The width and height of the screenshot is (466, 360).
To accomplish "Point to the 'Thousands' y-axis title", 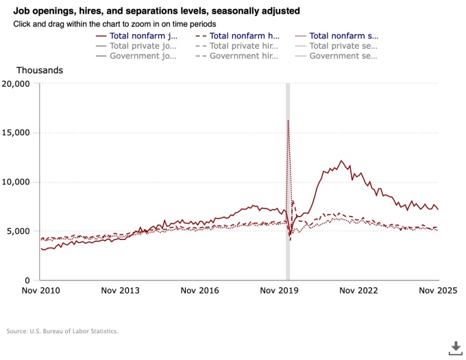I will point(40,70).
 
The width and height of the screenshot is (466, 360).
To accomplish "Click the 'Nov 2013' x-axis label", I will point(120,291).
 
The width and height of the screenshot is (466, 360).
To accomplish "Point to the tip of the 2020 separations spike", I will point(288,121).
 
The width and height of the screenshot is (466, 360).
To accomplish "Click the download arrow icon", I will point(456,348).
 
